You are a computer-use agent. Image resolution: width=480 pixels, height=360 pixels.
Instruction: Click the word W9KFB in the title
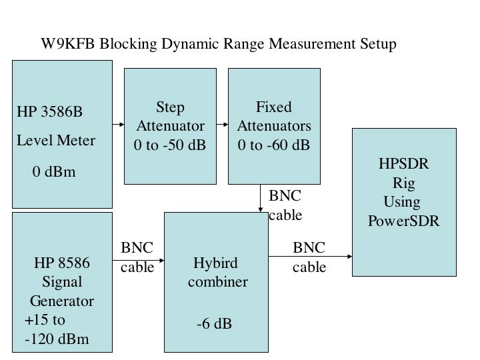65,44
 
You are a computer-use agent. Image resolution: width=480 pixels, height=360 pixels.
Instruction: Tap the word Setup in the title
376,44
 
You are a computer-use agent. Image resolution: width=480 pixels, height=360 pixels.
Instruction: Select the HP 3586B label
50,111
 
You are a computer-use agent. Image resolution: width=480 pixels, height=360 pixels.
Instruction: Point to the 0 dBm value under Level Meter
54,172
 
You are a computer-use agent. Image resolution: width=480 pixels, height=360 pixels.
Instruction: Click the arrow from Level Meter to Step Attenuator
119,125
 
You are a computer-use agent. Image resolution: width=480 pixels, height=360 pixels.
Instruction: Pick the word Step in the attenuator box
170,107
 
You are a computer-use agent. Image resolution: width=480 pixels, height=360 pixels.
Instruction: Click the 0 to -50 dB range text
170,144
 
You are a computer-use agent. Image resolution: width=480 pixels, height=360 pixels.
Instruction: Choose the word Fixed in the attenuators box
274,107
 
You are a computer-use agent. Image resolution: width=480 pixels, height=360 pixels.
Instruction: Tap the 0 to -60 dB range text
274,144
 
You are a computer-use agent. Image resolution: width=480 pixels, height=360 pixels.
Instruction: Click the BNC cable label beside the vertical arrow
285,205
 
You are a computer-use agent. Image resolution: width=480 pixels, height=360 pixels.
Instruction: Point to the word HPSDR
403,165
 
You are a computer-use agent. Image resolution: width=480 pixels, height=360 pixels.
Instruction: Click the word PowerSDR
403,221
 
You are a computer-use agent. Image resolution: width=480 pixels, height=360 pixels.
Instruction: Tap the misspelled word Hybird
215,263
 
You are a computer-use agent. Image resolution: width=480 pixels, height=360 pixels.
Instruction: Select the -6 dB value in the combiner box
214,324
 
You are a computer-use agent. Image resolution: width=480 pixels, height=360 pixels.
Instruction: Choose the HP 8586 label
61,263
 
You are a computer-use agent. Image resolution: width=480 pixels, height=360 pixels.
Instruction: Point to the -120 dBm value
57,339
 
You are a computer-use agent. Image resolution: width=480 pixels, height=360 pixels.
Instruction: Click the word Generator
61,301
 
